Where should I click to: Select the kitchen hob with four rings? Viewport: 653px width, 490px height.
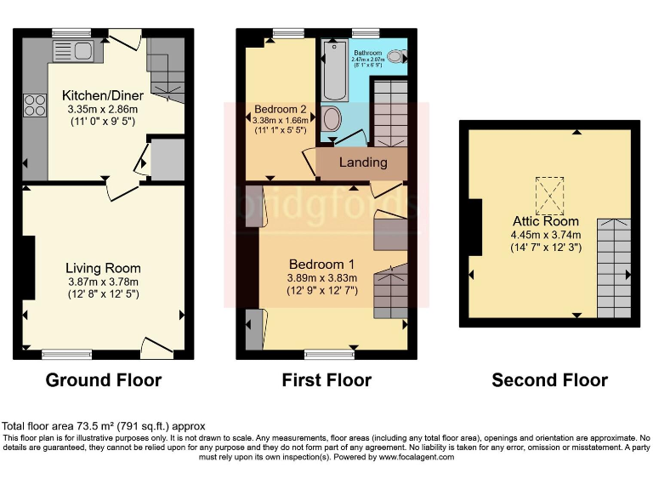click(x=36, y=105)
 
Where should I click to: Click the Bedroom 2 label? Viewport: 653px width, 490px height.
click(x=280, y=110)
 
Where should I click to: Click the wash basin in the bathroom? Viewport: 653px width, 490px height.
click(x=396, y=58)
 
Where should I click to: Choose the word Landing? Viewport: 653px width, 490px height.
click(x=363, y=162)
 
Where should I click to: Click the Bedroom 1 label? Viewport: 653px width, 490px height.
click(x=316, y=263)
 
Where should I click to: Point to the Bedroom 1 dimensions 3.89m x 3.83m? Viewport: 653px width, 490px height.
click(x=322, y=277)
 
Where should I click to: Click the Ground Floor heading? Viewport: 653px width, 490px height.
click(x=103, y=379)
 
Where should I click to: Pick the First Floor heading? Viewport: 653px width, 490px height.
click(x=326, y=379)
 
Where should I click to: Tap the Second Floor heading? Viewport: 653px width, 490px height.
click(x=549, y=379)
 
